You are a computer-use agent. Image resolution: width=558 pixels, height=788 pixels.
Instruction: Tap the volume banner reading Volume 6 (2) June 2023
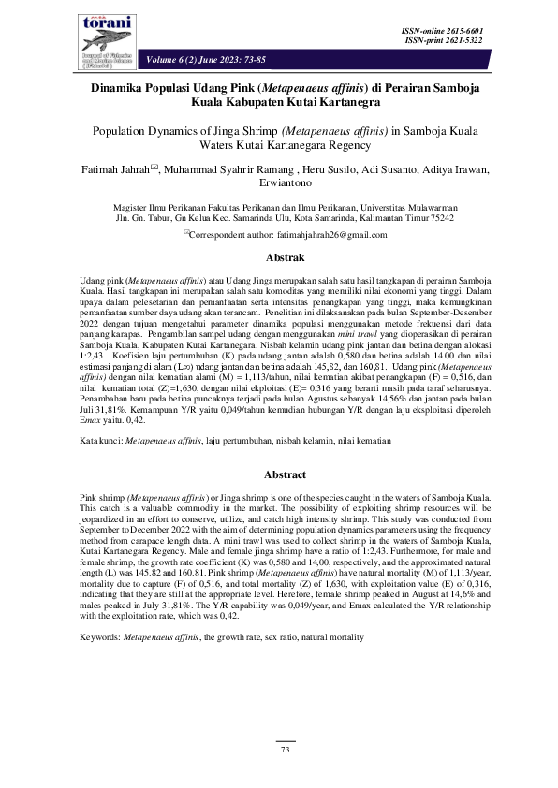click(206, 60)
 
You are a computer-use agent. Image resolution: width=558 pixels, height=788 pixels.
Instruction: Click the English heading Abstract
click(279, 475)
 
